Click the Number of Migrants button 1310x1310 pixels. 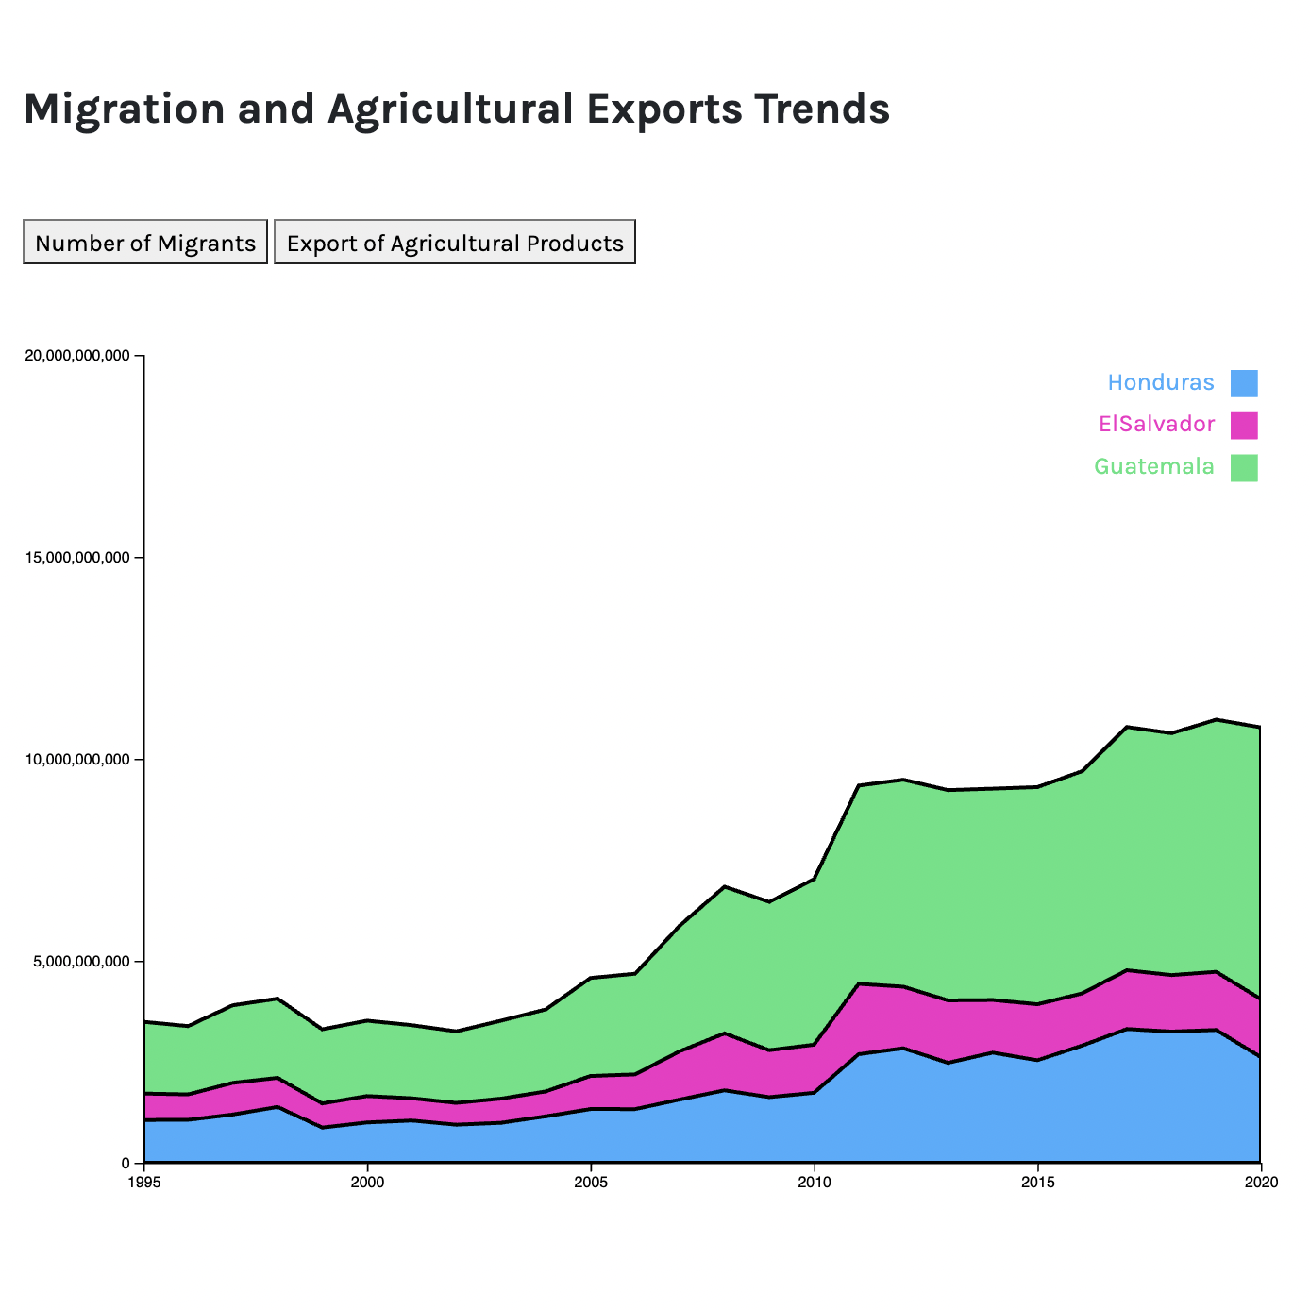click(x=145, y=243)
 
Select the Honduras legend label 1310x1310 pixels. click(x=1160, y=382)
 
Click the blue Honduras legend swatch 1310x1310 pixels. click(x=1244, y=383)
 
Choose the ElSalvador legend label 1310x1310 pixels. click(x=1156, y=424)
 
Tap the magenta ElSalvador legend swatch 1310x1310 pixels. click(x=1244, y=425)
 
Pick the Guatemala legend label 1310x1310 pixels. click(x=1153, y=466)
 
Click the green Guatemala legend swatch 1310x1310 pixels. click(x=1244, y=467)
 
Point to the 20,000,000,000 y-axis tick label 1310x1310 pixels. click(x=77, y=356)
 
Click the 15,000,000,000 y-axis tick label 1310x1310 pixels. click(x=77, y=558)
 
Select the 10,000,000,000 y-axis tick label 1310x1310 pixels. click(x=77, y=760)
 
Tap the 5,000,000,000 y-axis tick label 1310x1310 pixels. click(x=81, y=962)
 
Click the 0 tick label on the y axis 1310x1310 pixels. click(x=127, y=1164)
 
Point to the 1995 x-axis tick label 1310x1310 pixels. click(x=143, y=1182)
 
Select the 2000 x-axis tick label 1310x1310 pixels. click(x=367, y=1182)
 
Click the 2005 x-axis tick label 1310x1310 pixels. click(x=591, y=1182)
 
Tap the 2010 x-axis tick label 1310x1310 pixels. click(x=814, y=1182)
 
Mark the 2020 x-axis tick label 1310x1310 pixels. click(x=1260, y=1182)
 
